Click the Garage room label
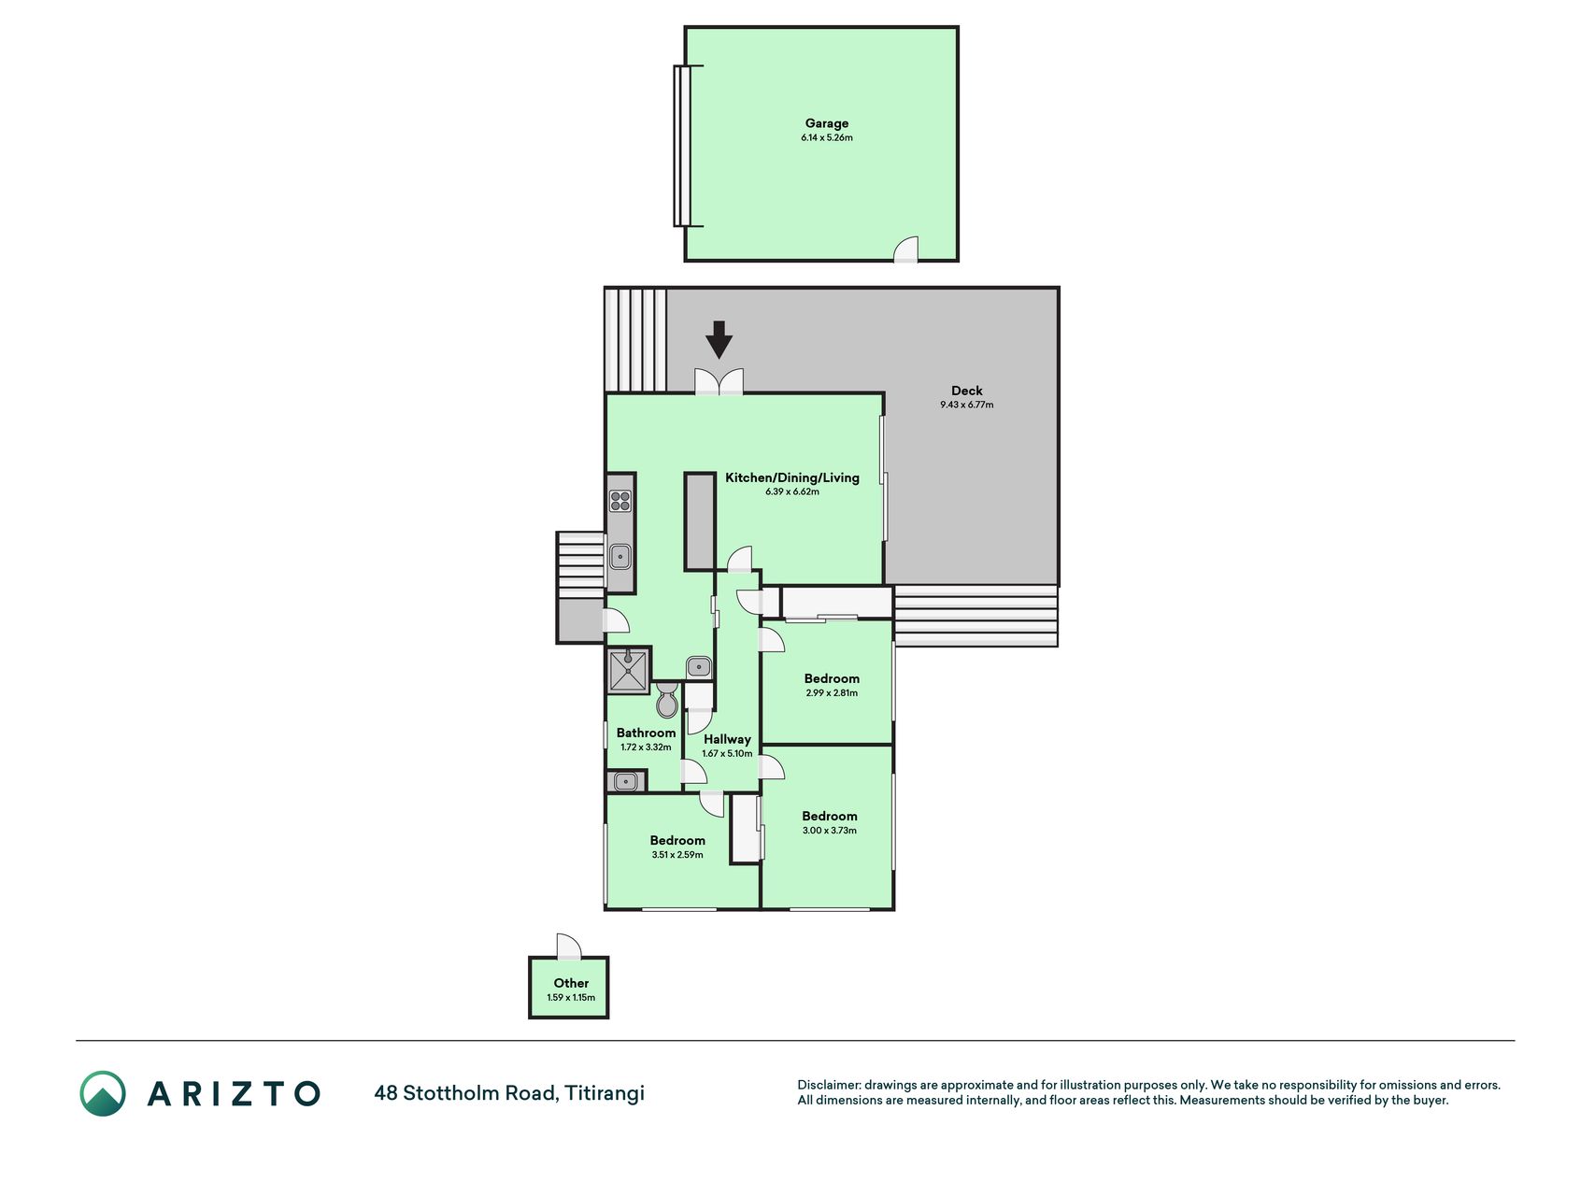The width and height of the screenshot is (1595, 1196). coord(827,123)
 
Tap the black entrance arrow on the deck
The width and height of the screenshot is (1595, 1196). coord(719,340)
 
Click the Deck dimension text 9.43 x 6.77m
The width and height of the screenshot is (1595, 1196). coord(967,405)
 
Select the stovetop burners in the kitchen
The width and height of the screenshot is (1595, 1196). coord(620,501)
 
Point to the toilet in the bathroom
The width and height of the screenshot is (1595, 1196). coord(667,700)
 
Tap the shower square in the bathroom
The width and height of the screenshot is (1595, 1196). coord(629,671)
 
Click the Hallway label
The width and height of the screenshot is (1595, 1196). coord(727,739)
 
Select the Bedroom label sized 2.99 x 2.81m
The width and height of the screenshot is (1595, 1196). coord(832,678)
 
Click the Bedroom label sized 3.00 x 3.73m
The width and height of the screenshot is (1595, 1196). coord(830,816)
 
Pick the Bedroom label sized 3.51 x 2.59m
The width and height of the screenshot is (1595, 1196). coord(677,840)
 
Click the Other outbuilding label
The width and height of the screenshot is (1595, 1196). coord(571,983)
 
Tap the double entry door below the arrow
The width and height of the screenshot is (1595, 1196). coord(719,382)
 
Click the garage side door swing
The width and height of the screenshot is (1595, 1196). coord(906,249)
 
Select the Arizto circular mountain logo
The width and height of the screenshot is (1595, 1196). coord(103,1093)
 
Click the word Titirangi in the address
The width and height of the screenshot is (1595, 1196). coord(605,1092)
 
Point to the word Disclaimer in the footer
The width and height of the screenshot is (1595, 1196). coord(828,1085)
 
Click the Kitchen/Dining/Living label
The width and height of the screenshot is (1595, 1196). coord(792,477)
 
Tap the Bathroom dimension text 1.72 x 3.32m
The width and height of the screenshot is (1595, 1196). coord(646,747)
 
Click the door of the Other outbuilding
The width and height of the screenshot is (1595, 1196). coord(568,947)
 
